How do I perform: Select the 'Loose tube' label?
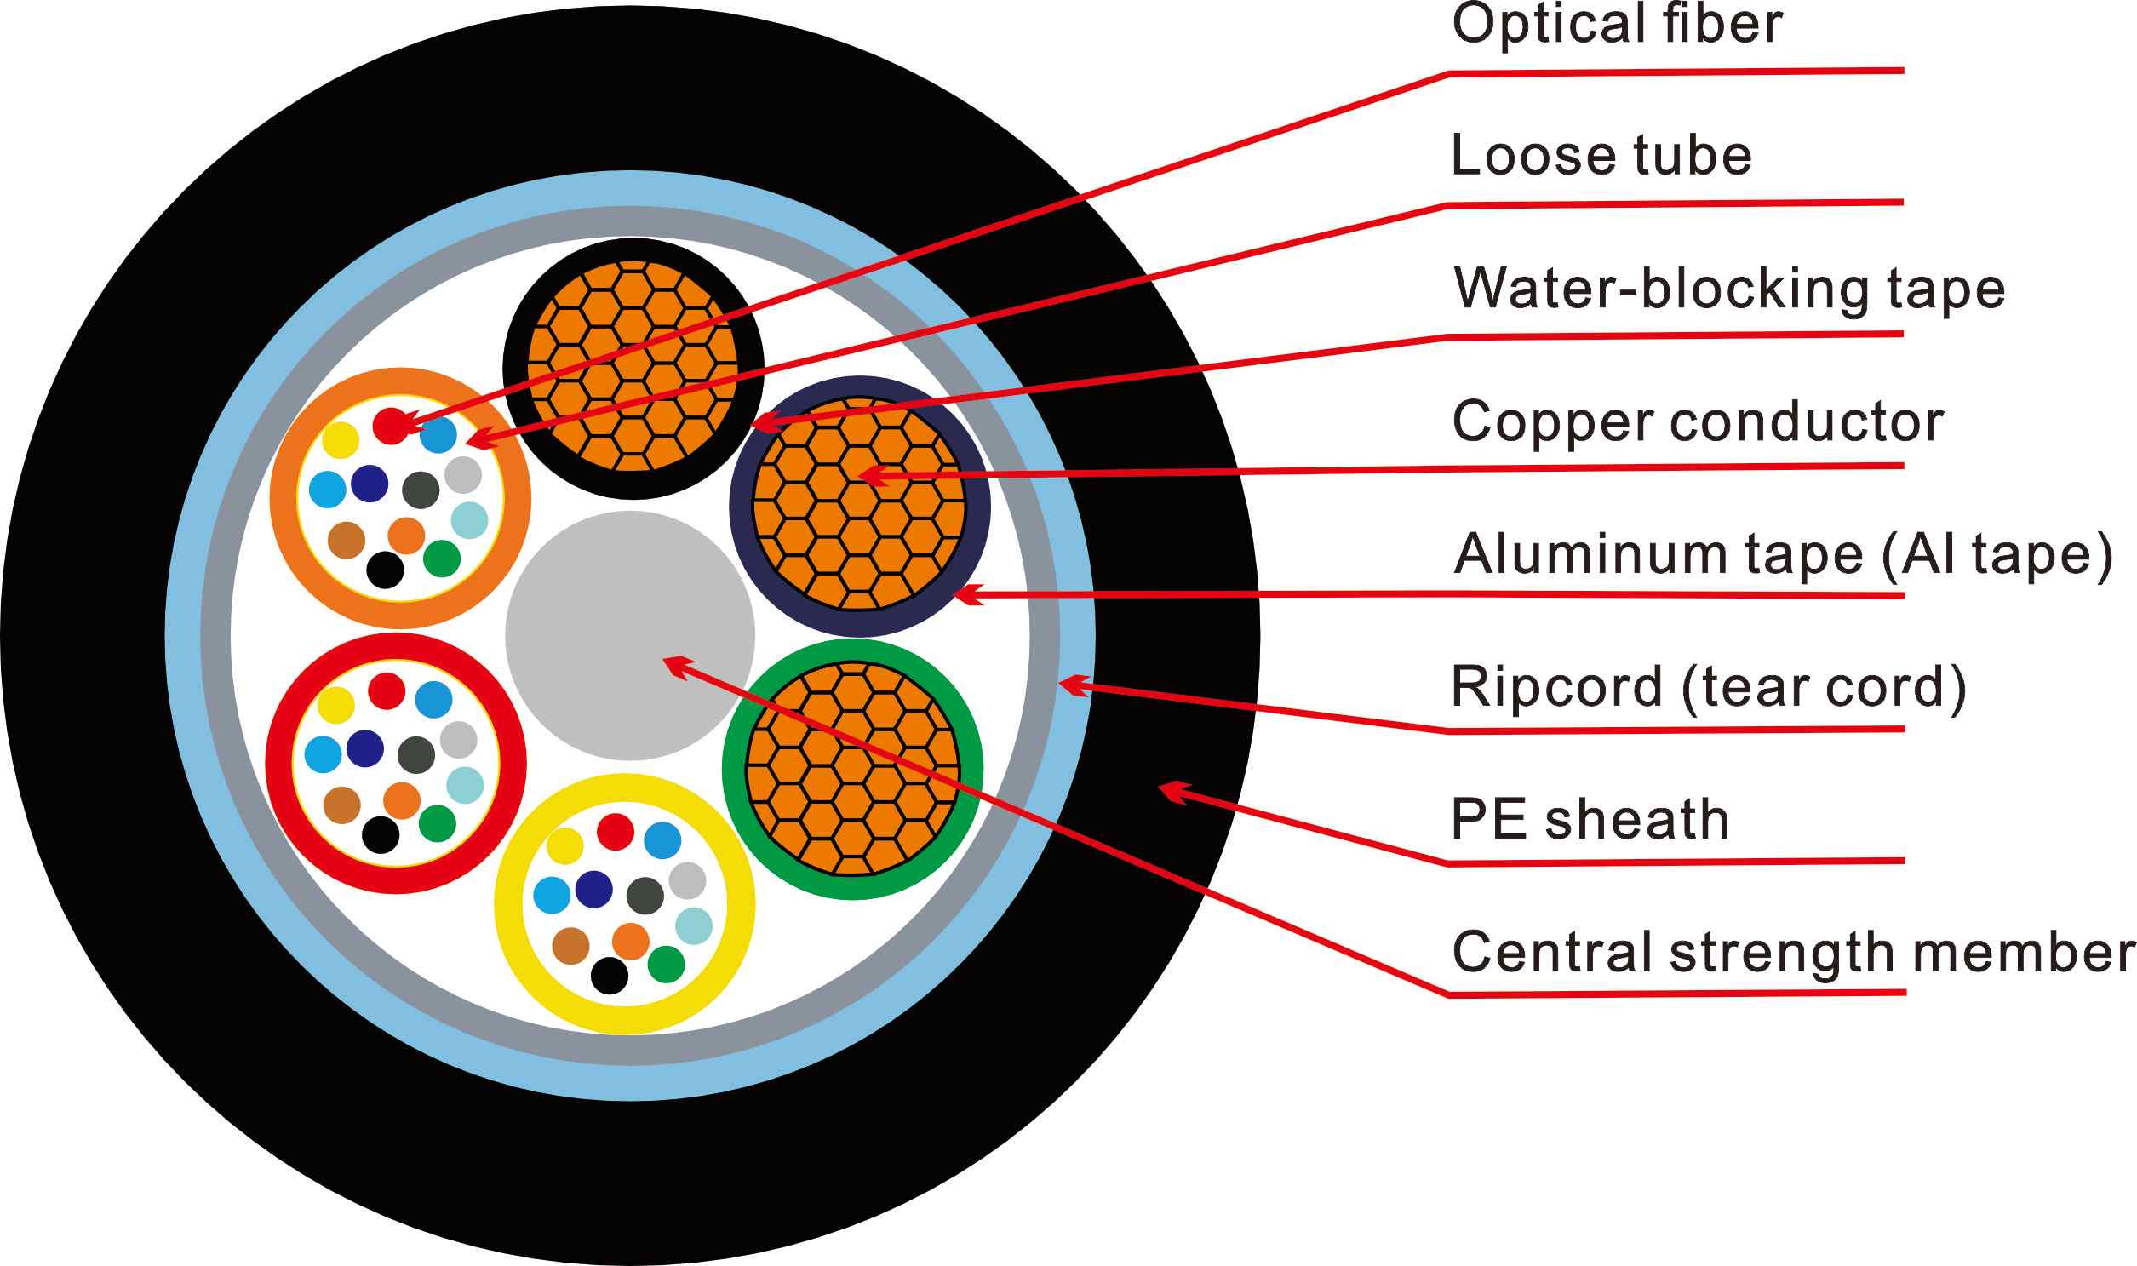(x=1601, y=156)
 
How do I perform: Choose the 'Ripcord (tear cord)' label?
(x=1709, y=688)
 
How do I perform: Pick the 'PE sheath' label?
(x=1590, y=820)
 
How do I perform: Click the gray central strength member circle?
(x=629, y=636)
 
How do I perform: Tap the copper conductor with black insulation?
(x=632, y=368)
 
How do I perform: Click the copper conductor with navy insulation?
(x=859, y=505)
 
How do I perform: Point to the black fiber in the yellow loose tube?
(x=609, y=975)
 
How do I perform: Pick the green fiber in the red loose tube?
(x=438, y=823)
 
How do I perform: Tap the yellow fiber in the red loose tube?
(x=335, y=705)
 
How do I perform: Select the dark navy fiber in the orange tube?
(x=370, y=484)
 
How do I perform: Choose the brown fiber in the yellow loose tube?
(x=570, y=946)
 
